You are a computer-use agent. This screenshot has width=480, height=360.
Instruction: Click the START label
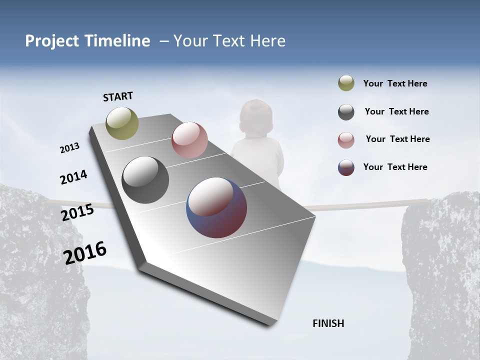[118, 96]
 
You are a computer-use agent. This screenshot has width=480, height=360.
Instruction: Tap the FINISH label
[328, 323]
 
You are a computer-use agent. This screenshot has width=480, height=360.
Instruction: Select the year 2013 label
[70, 148]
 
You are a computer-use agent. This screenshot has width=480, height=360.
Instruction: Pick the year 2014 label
[73, 177]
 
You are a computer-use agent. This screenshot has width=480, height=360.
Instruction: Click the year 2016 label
[85, 252]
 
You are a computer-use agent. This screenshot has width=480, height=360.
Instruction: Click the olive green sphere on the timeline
[122, 123]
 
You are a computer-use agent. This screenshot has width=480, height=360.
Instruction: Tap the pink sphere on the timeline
[189, 140]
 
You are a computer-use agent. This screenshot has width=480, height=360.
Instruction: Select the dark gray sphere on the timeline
[145, 180]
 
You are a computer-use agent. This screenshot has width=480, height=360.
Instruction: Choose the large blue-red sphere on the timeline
[216, 207]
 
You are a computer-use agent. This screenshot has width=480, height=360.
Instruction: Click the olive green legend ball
[346, 83]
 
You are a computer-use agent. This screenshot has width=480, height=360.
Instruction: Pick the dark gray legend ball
[346, 112]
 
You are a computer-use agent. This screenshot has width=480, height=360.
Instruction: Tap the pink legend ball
[346, 139]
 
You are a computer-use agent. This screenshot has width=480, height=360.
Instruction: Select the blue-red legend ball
[346, 167]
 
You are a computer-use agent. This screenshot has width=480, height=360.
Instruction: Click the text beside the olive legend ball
[395, 83]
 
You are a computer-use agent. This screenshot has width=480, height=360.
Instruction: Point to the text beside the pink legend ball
[397, 139]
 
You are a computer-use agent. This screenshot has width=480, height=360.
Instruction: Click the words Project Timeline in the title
[87, 41]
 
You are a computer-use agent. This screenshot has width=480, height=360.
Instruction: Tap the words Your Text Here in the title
[229, 41]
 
